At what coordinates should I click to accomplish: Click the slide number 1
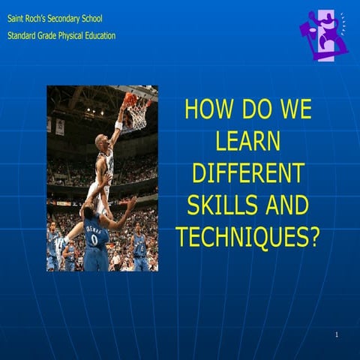click(x=338, y=333)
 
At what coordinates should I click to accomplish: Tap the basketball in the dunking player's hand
click(x=130, y=98)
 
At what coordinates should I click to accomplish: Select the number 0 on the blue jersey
click(x=94, y=240)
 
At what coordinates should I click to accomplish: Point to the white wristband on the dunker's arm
click(x=118, y=125)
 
